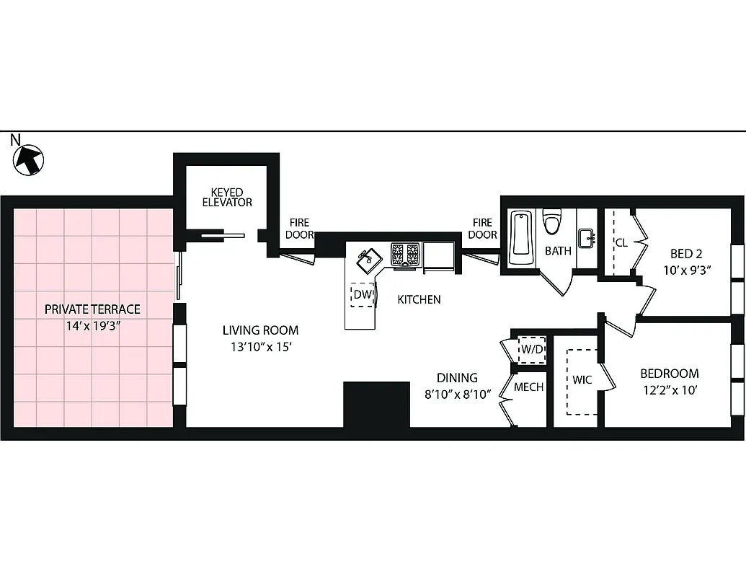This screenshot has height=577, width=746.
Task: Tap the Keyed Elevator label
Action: (231, 198)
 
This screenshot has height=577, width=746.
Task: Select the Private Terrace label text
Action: (92, 309)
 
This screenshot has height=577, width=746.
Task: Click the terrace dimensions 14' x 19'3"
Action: (92, 325)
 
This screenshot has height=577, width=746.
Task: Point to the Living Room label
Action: (259, 330)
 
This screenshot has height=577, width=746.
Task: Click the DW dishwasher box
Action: (362, 294)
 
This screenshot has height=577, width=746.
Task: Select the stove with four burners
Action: (405, 254)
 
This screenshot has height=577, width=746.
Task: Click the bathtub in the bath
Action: (521, 237)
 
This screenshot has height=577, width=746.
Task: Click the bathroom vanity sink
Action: (586, 237)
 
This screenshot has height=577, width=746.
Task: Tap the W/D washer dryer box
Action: (532, 349)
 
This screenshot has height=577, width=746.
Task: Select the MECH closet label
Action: (528, 387)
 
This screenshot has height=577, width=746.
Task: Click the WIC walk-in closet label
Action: (582, 379)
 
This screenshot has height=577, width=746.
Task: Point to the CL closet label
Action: (621, 243)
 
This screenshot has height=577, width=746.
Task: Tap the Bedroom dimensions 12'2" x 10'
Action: (670, 390)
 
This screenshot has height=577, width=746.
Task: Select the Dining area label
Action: (457, 378)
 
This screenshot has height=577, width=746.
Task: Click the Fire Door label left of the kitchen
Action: (299, 229)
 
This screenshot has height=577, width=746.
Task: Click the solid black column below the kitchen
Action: (376, 405)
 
